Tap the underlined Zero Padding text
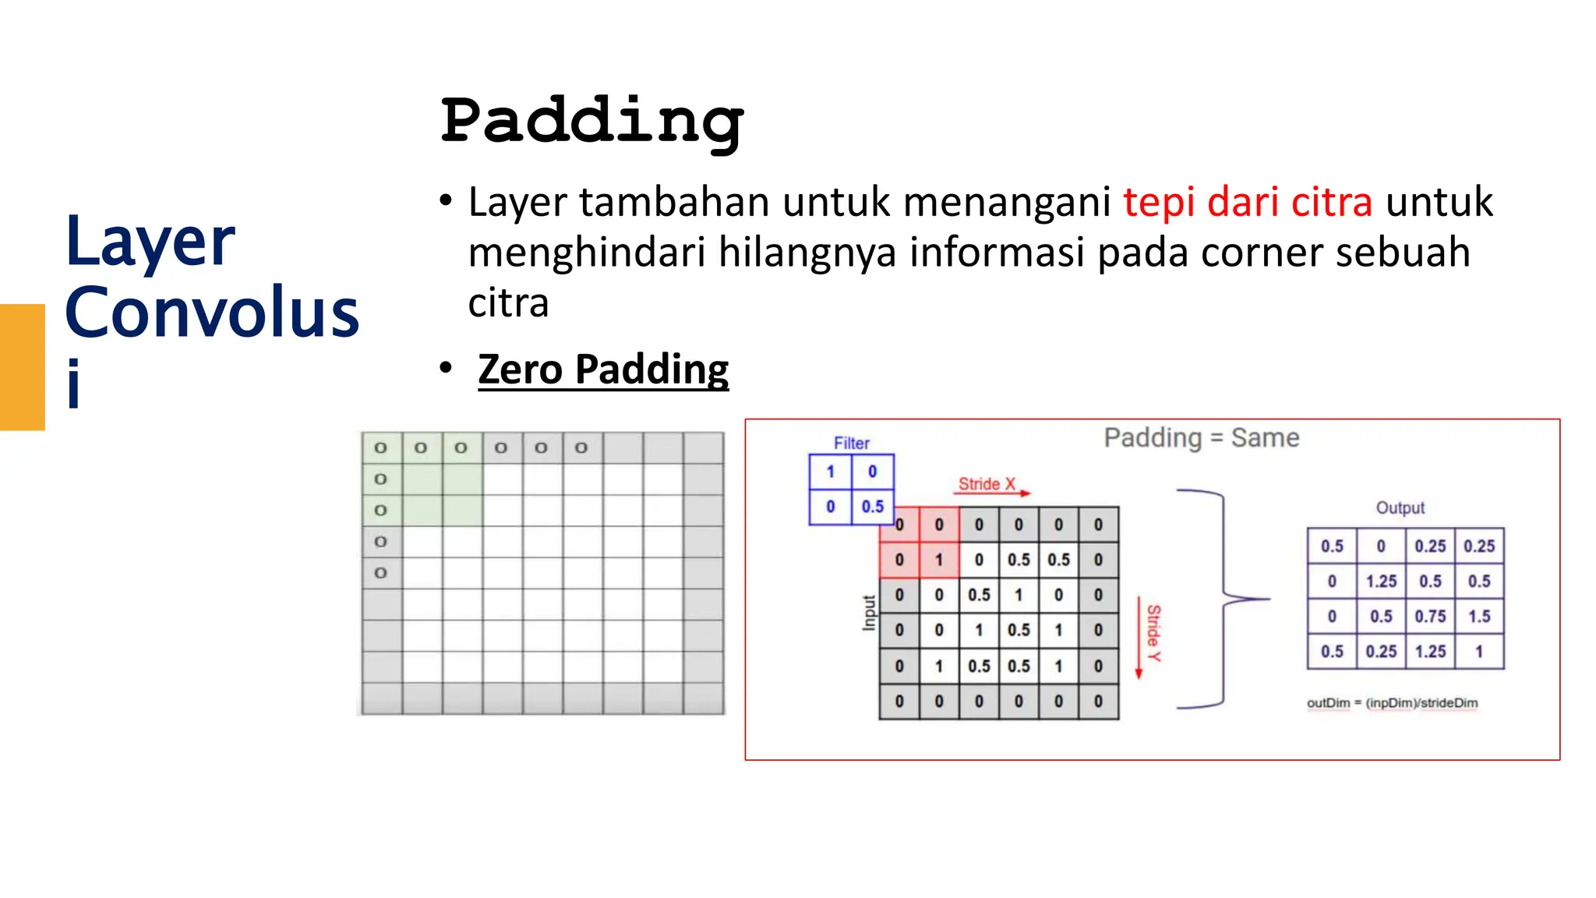click(603, 369)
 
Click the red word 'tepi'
click(1159, 203)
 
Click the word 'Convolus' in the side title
click(212, 313)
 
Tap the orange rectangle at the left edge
click(22, 366)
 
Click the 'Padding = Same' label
click(1201, 438)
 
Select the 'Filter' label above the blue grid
click(851, 443)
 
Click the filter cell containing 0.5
click(872, 507)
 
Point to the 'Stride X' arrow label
click(987, 484)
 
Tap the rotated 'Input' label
click(869, 612)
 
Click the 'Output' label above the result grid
click(1400, 508)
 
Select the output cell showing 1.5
click(1479, 617)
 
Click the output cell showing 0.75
click(1430, 617)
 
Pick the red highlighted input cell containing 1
click(939, 560)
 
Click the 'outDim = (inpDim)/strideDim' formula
click(1392, 703)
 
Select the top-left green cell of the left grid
click(381, 448)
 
